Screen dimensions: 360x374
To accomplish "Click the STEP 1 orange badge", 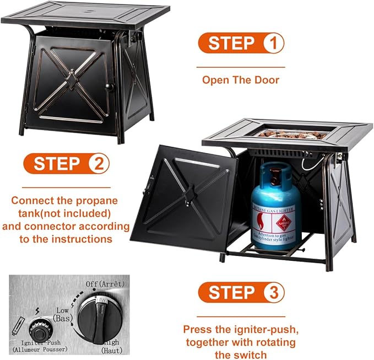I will [241, 43].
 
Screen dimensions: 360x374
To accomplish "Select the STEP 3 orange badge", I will [241, 292].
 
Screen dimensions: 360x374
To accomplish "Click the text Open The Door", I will [241, 80].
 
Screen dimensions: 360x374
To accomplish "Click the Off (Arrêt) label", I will [105, 284].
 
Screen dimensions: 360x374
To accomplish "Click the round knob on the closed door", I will [109, 87].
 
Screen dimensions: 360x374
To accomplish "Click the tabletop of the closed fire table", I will [85, 13].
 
